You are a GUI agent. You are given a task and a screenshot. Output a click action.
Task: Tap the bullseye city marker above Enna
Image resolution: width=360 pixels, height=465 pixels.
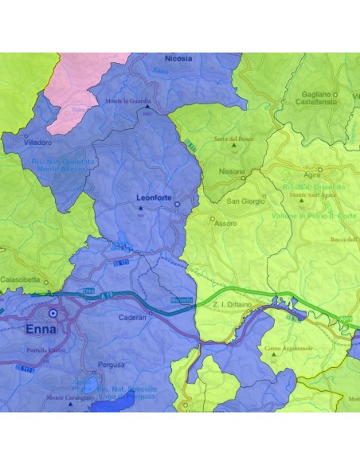click(x=53, y=313)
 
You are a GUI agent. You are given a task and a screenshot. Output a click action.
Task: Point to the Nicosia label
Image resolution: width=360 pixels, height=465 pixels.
click(x=178, y=58)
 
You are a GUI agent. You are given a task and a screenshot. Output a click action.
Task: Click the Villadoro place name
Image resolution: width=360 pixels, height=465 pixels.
click(x=37, y=143)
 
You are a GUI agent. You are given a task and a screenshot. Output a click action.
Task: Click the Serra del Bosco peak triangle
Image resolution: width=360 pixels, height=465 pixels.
click(x=233, y=147)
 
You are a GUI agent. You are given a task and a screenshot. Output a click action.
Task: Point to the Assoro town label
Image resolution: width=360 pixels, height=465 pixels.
click(x=225, y=223)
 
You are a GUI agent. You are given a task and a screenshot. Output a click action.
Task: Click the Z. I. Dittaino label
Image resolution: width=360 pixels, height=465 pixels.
click(x=235, y=304)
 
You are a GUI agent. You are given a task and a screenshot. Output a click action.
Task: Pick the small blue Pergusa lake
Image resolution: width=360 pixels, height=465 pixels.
click(x=92, y=388)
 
